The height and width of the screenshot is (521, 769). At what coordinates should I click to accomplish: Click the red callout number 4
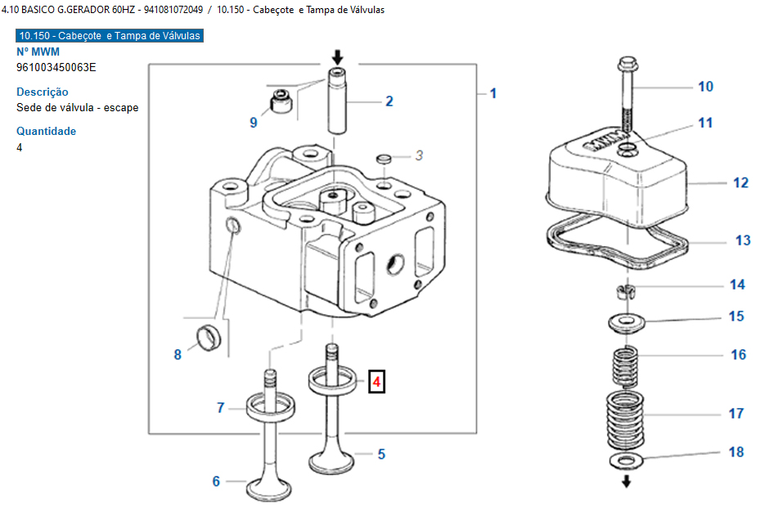(376, 381)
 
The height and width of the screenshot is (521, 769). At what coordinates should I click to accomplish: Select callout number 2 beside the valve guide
(389, 101)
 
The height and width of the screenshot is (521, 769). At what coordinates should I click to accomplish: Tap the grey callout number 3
(419, 155)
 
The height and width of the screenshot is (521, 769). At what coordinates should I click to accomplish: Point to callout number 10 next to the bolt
(705, 87)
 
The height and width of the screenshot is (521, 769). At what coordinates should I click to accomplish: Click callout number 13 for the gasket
(743, 240)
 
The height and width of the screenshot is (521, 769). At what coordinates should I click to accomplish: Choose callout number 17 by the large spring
(736, 414)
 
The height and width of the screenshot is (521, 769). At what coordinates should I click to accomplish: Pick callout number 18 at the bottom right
(736, 451)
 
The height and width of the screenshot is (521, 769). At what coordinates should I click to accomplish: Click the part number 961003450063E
(56, 67)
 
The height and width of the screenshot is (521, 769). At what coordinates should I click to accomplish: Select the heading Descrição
(43, 92)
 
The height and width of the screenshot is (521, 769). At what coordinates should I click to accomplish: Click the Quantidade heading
(46, 131)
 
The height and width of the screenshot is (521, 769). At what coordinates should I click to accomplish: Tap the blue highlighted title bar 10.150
(109, 36)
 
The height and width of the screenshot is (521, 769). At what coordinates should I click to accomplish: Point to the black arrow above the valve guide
(338, 57)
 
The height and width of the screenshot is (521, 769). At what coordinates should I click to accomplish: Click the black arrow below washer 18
(627, 481)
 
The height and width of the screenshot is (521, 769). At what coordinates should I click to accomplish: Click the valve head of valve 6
(270, 488)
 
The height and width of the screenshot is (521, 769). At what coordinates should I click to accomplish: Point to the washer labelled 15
(627, 321)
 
